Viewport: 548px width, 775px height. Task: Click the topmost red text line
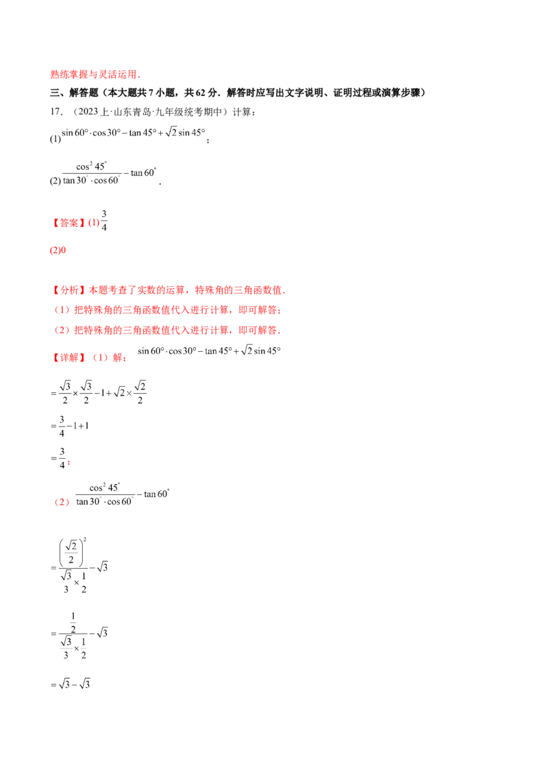[x=95, y=75]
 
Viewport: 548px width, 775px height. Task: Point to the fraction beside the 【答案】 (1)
[x=103, y=220]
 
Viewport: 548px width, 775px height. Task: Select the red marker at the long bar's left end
[x=57, y=252]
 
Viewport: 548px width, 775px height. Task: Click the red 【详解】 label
[x=68, y=357]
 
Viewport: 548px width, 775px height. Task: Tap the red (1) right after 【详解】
[x=101, y=357]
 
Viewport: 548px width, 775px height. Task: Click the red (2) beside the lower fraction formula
[x=62, y=502]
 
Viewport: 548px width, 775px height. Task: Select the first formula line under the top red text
[x=134, y=131]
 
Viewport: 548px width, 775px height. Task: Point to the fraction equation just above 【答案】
[x=110, y=174]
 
